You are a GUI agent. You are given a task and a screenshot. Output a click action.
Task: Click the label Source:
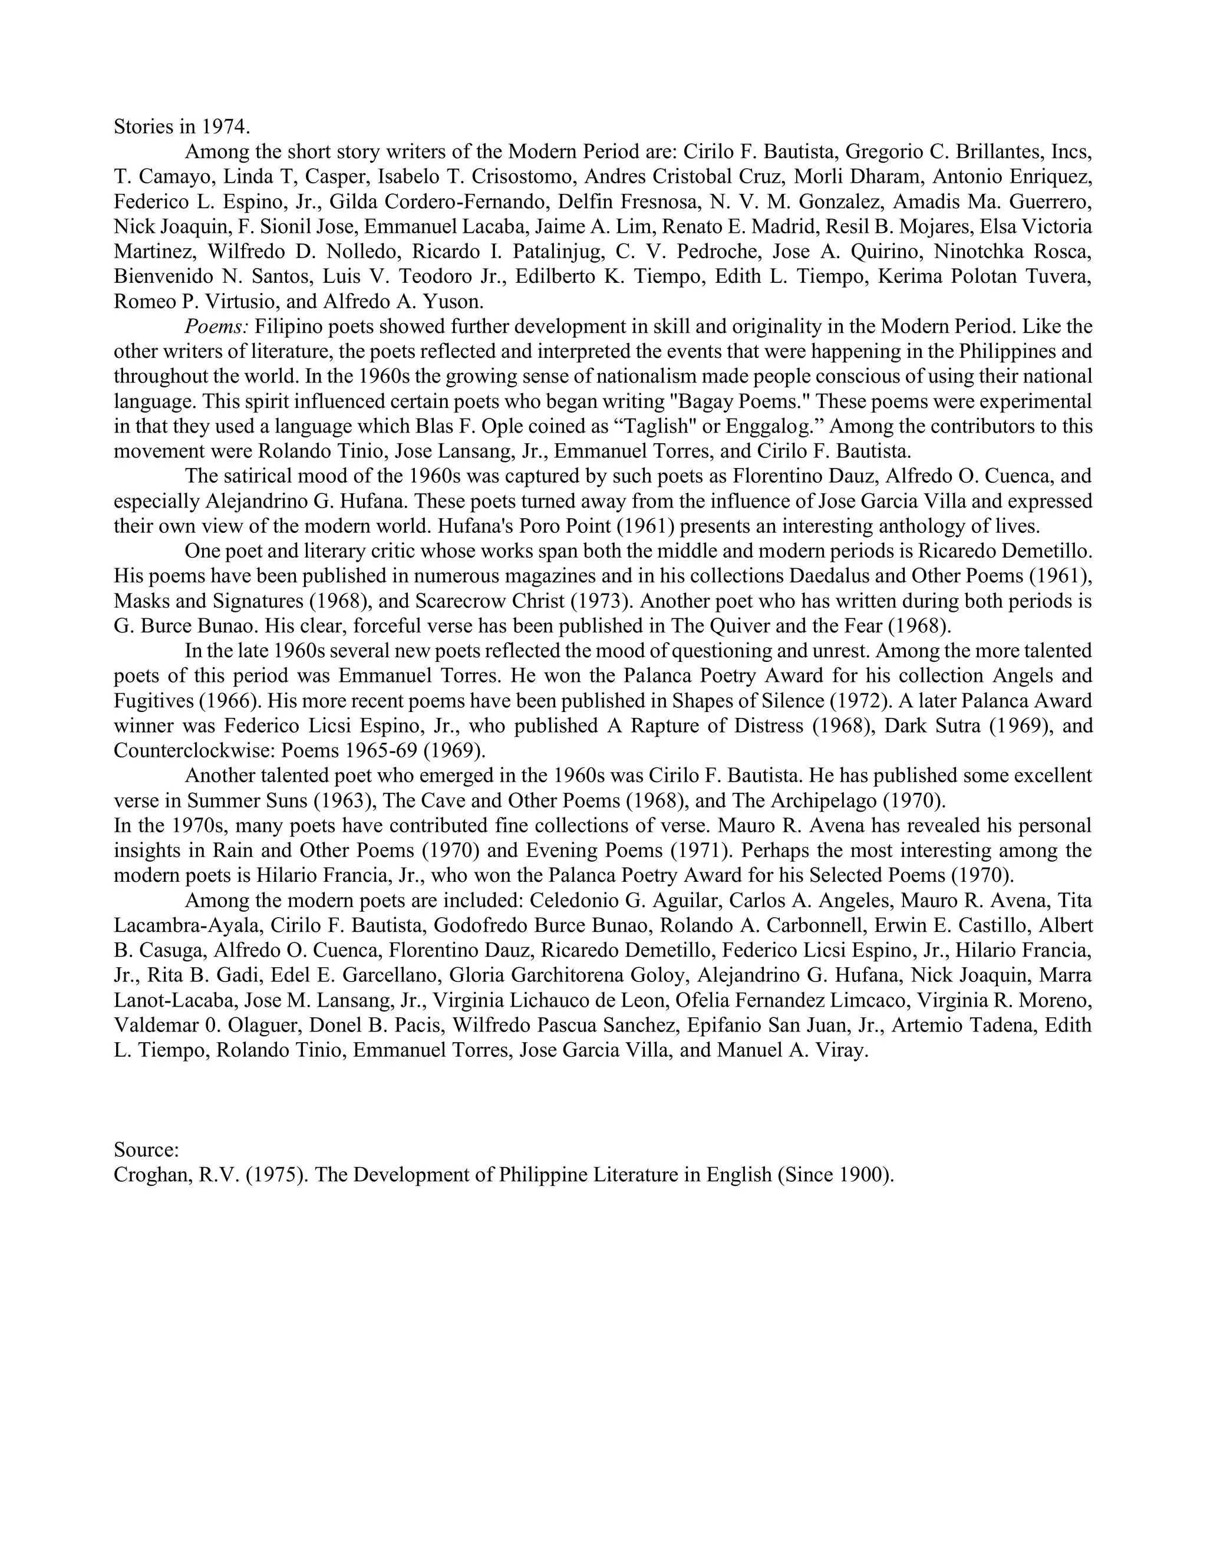click(146, 1150)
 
